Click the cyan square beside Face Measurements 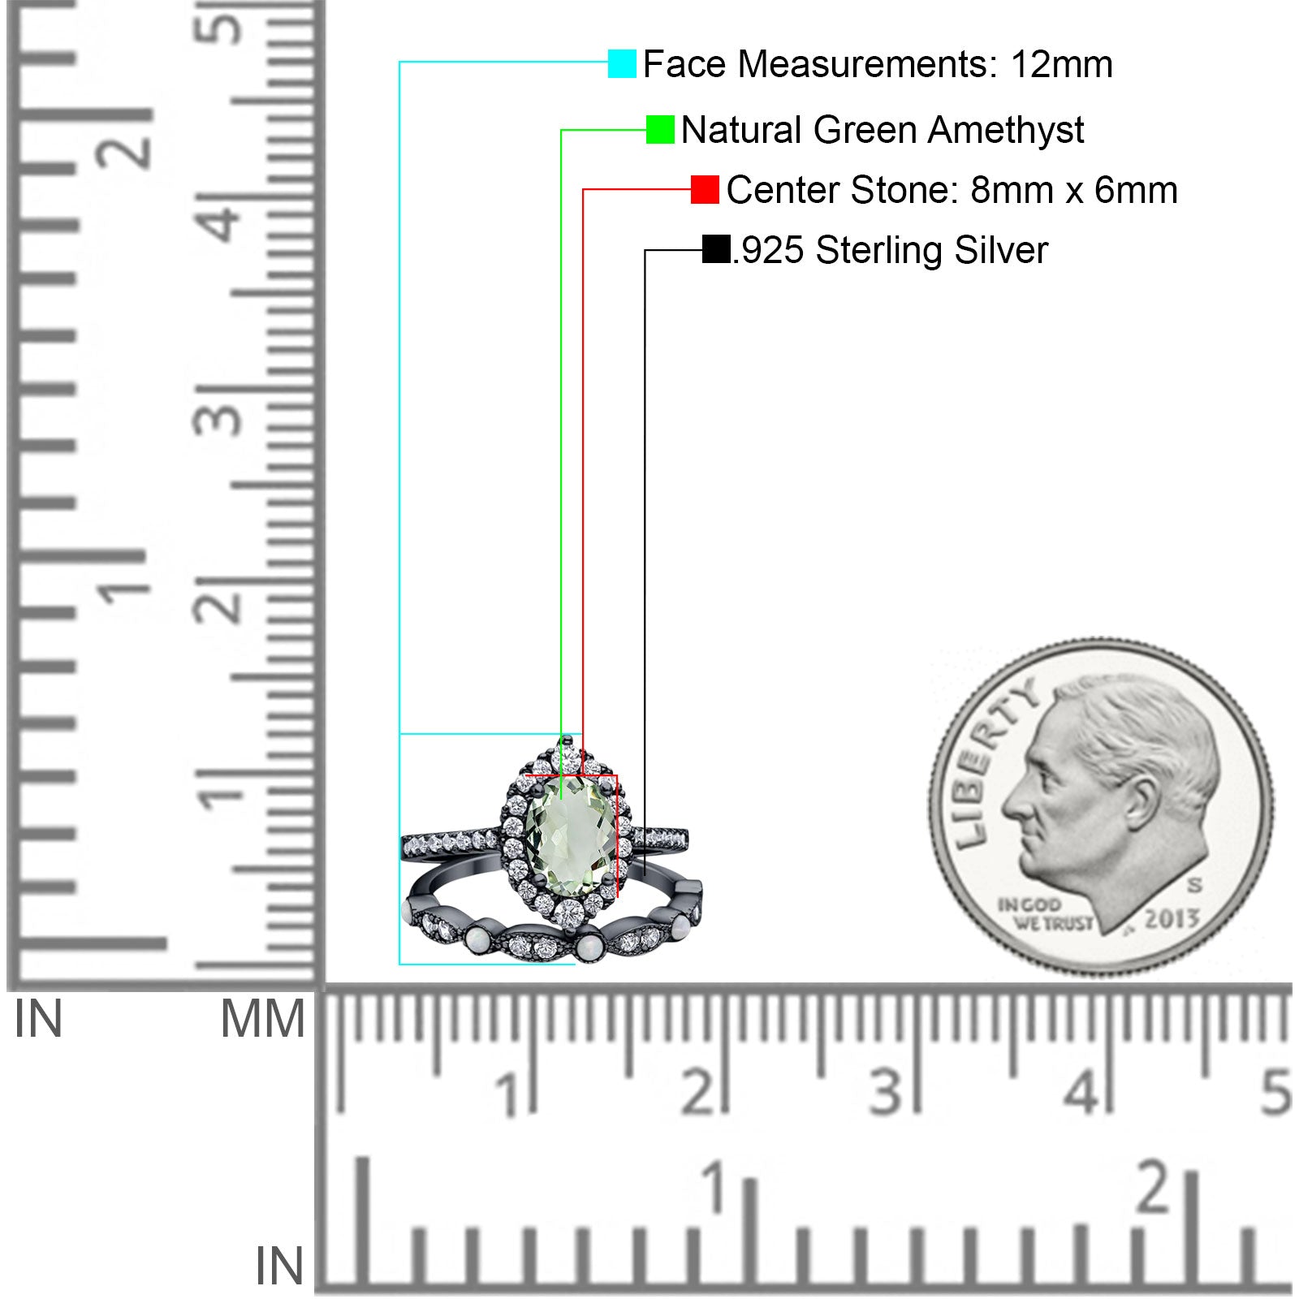tap(622, 63)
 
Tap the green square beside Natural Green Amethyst tap(660, 129)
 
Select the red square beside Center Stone tap(705, 189)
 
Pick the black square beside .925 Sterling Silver tap(716, 249)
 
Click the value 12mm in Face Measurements tap(1061, 64)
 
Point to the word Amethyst tap(1006, 130)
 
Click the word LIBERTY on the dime tap(993, 763)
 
